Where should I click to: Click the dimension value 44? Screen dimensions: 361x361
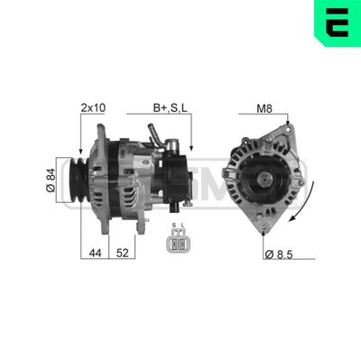click(x=96, y=254)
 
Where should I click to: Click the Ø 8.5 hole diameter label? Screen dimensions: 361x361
click(x=282, y=255)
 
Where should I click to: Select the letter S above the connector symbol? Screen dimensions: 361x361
click(x=173, y=226)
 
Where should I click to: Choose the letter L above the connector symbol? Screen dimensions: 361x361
click(x=182, y=226)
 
